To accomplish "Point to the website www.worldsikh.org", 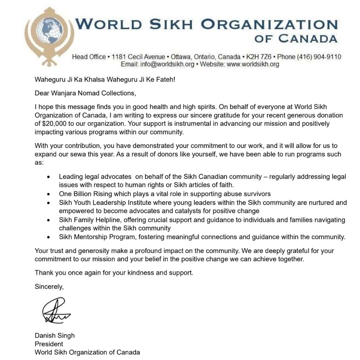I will (253, 64).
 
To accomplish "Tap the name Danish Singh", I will (55, 335).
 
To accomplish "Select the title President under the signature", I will (49, 344).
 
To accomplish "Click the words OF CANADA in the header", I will (296, 38).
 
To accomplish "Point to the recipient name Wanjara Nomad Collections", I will (93, 93).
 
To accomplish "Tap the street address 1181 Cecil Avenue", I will (138, 57).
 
